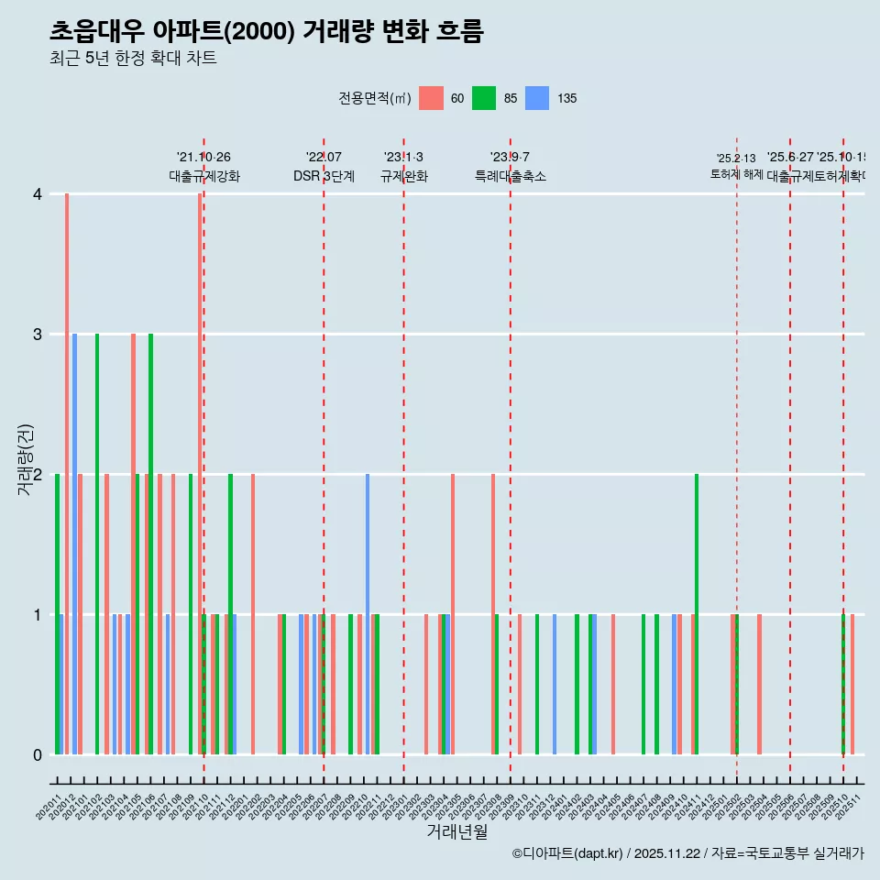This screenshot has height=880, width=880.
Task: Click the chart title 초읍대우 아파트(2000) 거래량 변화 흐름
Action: pos(266,31)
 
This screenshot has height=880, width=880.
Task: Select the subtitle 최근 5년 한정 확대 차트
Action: pos(133,59)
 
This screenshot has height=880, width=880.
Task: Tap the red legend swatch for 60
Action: pos(431,98)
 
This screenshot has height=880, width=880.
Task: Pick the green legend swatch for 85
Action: pos(484,98)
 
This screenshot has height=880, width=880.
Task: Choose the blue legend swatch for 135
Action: pos(537,98)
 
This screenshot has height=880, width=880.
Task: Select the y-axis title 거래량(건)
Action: pos(25,459)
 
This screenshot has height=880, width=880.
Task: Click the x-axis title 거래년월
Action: pos(456,831)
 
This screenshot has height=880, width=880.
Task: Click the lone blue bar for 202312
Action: pos(555,684)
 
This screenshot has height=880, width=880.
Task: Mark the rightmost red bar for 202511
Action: pos(852,684)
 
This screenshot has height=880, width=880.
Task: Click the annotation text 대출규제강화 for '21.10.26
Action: pos(204,177)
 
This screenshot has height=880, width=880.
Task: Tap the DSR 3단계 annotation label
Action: pos(324,177)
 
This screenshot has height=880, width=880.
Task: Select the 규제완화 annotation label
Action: pos(403,177)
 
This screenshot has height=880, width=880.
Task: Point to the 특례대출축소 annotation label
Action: pos(511,177)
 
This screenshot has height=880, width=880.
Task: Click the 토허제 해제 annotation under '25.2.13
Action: pos(737,174)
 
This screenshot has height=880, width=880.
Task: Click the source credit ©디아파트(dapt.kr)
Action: pos(568,853)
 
